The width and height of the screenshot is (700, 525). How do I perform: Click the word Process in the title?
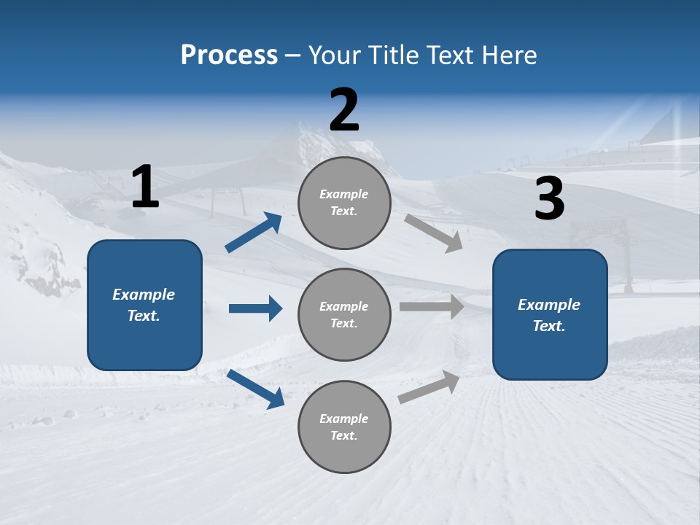click(229, 55)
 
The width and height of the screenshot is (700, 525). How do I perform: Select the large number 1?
click(145, 187)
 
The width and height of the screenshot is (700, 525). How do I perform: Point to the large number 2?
click(344, 110)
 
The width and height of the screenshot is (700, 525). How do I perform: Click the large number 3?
click(549, 198)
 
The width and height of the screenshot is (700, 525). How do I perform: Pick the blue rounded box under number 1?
click(144, 305)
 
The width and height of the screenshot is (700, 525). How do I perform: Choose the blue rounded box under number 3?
click(550, 315)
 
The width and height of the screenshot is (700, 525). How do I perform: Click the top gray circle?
click(344, 203)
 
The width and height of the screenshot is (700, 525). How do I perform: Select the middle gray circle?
click(344, 314)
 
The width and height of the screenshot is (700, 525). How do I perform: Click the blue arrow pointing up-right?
click(254, 233)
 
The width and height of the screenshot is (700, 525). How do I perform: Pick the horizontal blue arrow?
click(255, 308)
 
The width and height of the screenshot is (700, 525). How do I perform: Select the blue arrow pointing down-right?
click(256, 389)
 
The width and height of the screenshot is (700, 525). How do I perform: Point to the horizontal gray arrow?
click(432, 307)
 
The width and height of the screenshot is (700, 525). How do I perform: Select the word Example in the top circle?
click(343, 195)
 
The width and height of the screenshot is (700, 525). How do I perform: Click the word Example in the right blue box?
click(549, 305)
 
